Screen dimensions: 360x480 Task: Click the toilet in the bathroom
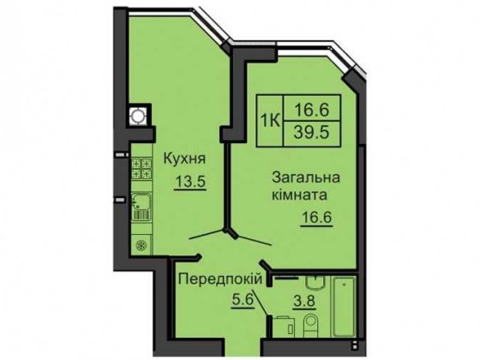pos(310,325)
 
